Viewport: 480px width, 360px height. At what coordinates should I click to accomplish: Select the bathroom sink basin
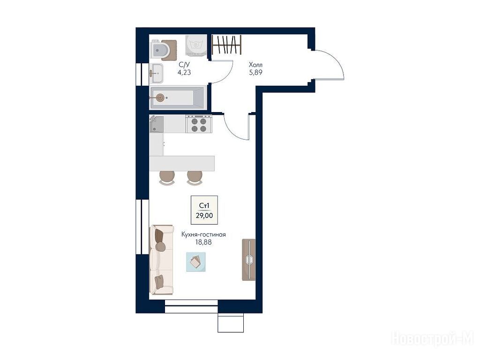pos(157,74)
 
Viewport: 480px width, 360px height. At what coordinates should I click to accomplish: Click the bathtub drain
pos(159,98)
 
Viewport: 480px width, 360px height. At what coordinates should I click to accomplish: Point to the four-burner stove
pos(198,124)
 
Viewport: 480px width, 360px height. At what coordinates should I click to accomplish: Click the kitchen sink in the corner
pos(157,124)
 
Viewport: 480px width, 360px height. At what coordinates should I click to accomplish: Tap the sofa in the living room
pos(161,260)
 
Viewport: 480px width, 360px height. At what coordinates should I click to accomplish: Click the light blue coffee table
pos(196,262)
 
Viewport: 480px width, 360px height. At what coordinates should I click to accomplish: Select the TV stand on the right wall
pos(249,260)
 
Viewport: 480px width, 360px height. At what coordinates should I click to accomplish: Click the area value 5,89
pos(255,73)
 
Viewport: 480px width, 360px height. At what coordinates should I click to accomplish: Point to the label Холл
pos(255,65)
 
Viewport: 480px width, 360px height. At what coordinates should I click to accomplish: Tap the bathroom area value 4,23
pos(184,72)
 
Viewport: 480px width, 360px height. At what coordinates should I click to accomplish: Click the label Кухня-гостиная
pos(203,234)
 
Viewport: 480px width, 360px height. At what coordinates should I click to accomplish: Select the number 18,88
pos(203,242)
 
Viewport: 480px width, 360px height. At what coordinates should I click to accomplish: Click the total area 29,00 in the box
pos(204,216)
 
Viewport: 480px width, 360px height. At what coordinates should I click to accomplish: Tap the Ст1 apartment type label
pos(204,206)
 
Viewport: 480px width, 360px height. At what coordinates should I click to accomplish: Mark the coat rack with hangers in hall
pos(226,45)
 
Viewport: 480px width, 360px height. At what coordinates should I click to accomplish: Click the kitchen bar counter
pos(182,164)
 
